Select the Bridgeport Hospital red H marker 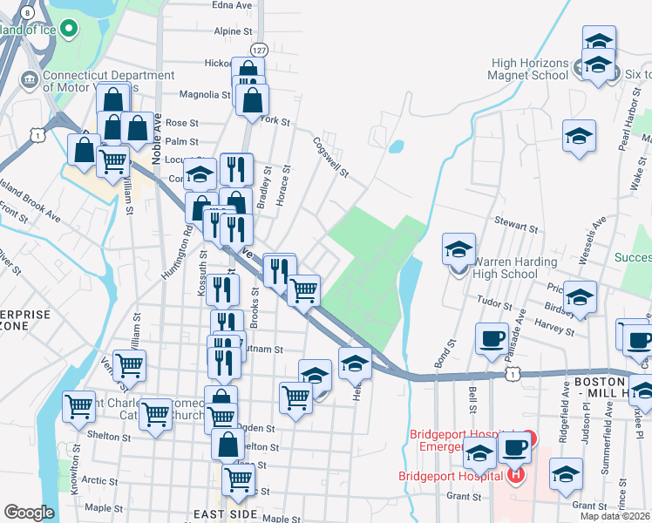point(516,476)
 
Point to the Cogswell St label point(330,157)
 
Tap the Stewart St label point(517,226)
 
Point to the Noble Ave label point(157,135)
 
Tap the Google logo point(29,513)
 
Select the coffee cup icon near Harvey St point(492,337)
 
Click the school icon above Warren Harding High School point(459,249)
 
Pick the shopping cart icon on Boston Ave point(303,289)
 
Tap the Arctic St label point(99,480)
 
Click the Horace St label point(282,187)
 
